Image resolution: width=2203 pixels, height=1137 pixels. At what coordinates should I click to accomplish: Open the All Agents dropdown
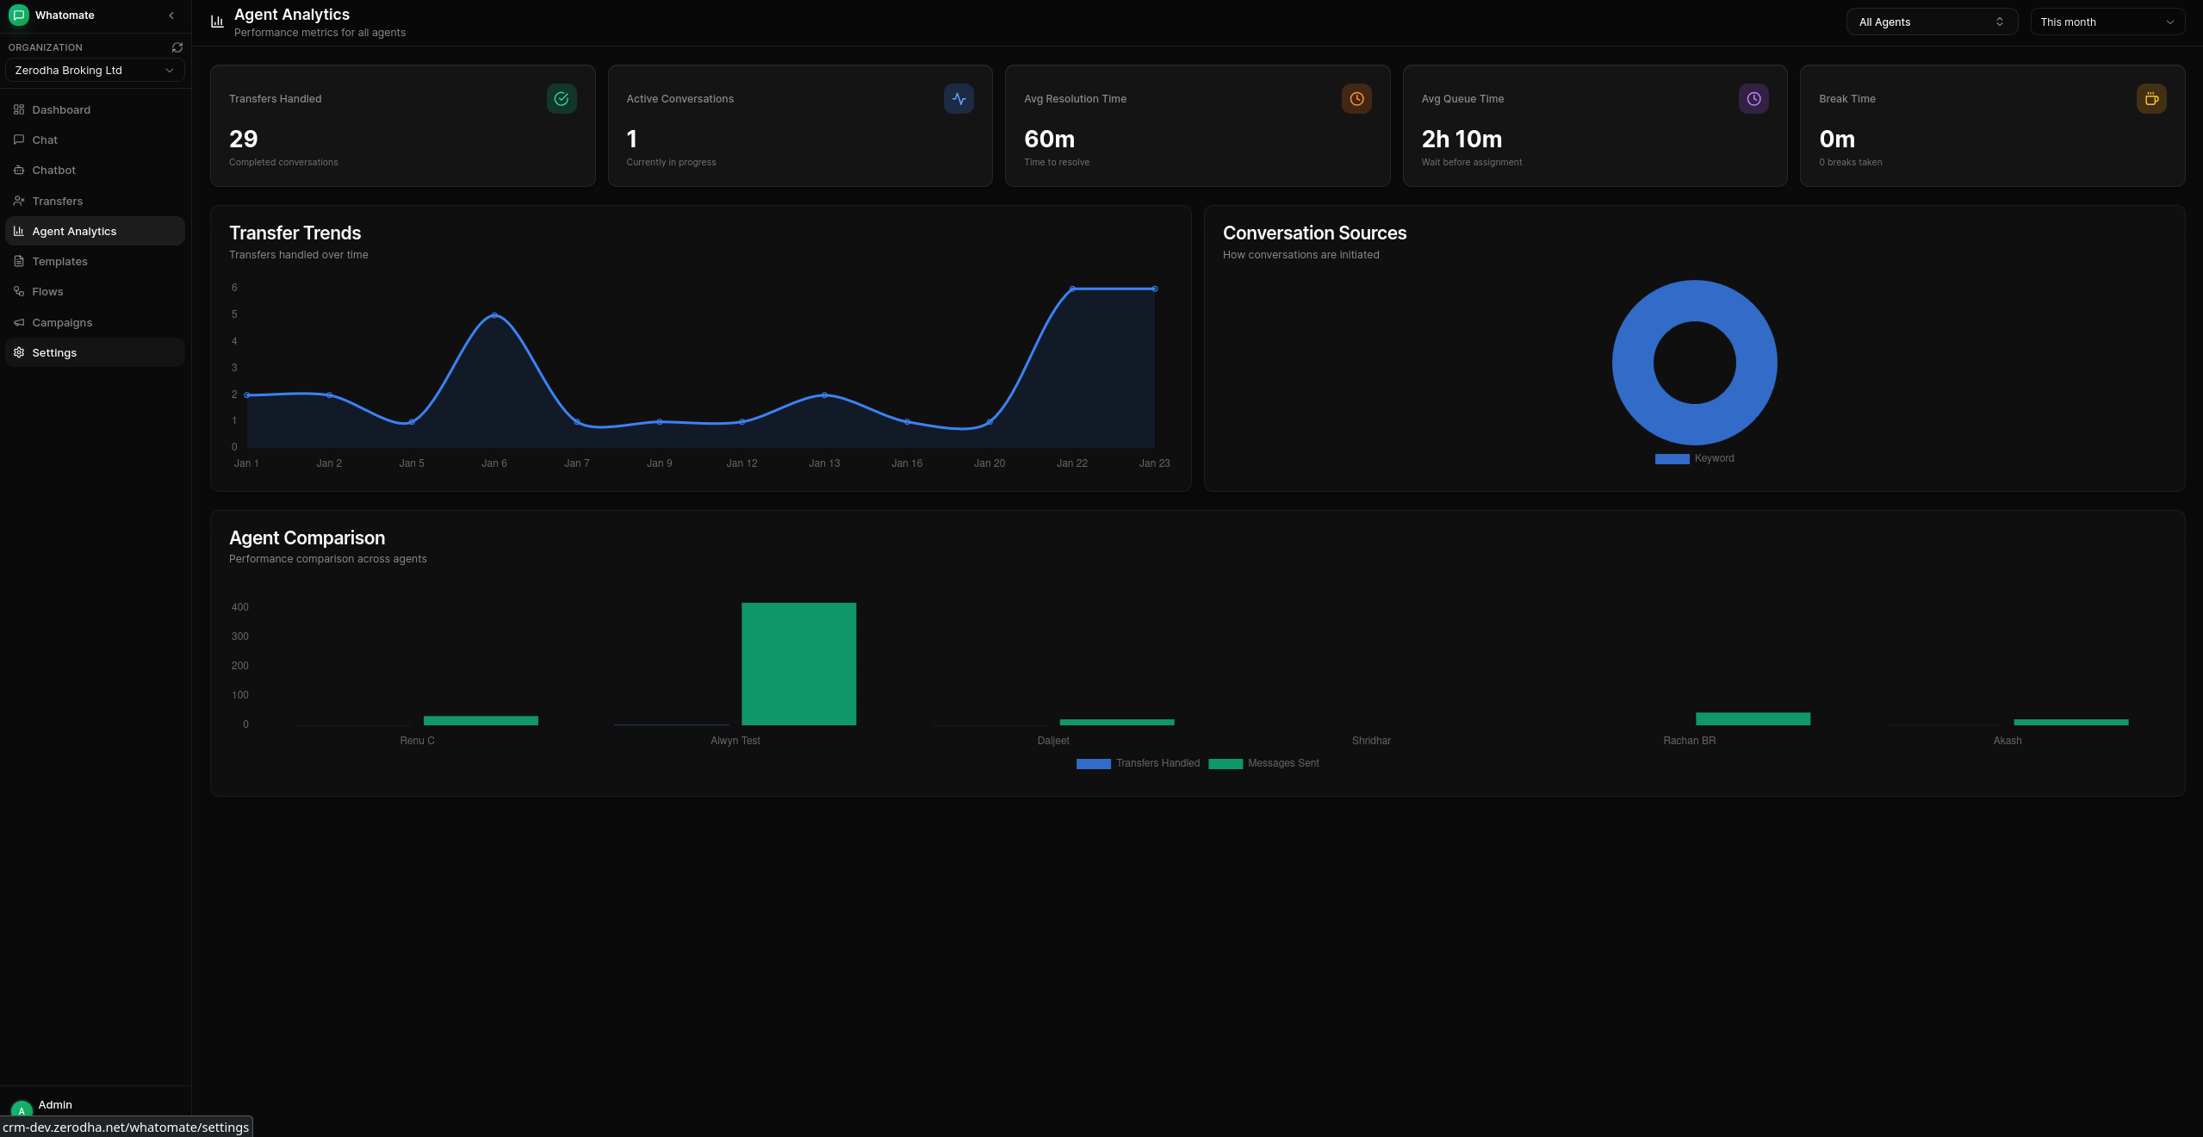pos(1931,22)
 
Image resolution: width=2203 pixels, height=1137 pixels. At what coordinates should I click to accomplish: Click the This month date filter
pos(2107,22)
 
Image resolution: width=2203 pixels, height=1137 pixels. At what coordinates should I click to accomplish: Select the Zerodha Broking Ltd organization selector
pos(95,71)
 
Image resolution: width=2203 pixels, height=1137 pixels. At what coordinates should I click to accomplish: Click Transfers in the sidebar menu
pos(57,201)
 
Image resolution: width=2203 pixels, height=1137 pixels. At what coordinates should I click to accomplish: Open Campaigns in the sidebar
pos(61,322)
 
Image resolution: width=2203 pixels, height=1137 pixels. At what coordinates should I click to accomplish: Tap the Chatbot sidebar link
pos(53,171)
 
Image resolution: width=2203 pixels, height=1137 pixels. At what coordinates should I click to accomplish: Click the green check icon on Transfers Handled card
pos(562,99)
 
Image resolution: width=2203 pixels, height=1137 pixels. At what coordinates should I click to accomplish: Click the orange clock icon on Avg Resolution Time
pos(1356,99)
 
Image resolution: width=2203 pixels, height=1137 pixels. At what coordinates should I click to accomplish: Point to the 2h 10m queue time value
pos(1461,139)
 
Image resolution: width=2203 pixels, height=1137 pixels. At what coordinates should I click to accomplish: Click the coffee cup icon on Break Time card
pos(2151,99)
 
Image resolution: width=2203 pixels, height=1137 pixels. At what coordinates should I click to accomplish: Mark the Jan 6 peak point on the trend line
pos(494,315)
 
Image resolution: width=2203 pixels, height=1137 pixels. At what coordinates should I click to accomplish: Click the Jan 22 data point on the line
pos(1072,289)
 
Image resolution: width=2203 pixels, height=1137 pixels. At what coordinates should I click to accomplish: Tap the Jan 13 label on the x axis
pos(824,463)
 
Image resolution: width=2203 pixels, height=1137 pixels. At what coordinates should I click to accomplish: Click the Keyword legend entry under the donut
pos(1695,458)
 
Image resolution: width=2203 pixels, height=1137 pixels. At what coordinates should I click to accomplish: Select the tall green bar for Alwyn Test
pos(798,663)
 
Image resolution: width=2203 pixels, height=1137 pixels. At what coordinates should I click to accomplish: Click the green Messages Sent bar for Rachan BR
pos(1753,718)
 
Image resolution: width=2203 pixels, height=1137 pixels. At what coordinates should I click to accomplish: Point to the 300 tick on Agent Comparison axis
pos(239,637)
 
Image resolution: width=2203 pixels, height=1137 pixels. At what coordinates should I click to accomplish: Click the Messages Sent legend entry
pos(1264,763)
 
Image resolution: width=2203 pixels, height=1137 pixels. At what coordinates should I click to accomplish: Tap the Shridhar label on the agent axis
pos(1371,741)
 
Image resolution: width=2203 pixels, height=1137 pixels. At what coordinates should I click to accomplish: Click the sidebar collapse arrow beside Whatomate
pos(171,16)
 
